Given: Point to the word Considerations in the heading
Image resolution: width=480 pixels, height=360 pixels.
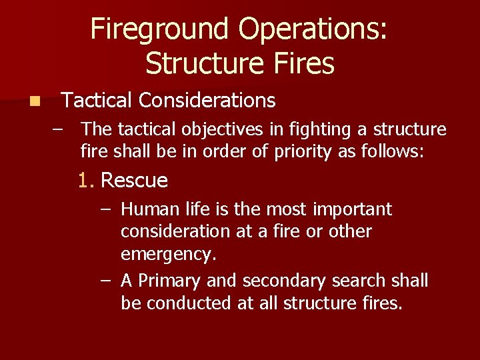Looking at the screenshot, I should [x=207, y=101].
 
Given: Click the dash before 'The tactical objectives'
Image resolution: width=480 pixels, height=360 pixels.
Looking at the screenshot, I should [x=59, y=129].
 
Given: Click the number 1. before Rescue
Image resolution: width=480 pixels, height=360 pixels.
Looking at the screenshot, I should [x=86, y=181].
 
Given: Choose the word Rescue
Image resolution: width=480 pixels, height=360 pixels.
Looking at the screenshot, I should [x=134, y=181].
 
